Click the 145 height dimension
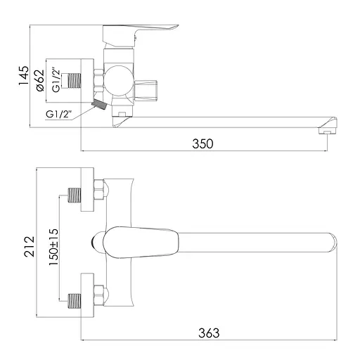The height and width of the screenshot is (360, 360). [24, 76]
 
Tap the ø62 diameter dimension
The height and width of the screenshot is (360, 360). [39, 80]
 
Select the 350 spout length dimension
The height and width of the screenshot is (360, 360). [202, 143]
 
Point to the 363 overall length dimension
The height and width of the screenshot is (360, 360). [209, 333]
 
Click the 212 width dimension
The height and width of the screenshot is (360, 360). [30, 247]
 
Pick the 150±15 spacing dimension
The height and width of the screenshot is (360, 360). [53, 247]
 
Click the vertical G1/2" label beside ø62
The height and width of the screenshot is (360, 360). [56, 80]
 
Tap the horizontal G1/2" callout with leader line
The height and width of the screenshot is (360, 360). [58, 114]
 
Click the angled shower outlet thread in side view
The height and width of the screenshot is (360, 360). [99, 104]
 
